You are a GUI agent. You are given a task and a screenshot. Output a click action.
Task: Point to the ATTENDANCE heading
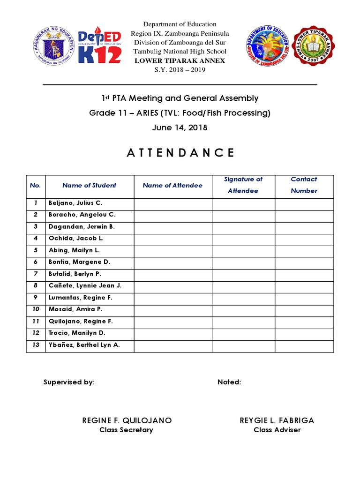[x=180, y=153]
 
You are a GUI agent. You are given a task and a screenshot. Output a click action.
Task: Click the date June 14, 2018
[x=180, y=127]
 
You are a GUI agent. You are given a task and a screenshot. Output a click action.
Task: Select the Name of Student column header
[x=89, y=185]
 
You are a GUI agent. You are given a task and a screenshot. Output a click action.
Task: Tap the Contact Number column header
[x=304, y=185]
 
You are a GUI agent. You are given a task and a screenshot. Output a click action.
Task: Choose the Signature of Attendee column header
[x=243, y=185]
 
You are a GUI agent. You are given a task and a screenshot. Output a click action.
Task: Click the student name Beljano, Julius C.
[x=75, y=203]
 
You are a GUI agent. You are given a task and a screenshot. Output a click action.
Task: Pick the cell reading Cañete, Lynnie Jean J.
[x=85, y=286]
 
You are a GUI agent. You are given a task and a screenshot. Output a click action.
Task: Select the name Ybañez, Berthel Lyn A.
[x=84, y=345]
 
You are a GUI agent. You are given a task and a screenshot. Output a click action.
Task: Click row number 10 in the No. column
[x=36, y=309]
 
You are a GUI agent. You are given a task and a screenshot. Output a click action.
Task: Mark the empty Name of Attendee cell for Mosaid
[x=172, y=309]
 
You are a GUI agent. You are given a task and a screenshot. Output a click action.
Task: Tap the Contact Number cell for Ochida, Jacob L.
[x=304, y=239]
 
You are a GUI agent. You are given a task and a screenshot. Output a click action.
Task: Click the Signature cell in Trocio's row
[x=243, y=333]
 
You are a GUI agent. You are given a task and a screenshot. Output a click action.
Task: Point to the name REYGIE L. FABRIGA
[x=277, y=420]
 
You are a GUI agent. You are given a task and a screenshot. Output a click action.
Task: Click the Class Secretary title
[x=126, y=430]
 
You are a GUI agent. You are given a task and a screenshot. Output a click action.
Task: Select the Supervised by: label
[x=69, y=382]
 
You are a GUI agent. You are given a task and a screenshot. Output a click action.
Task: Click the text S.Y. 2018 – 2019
[x=180, y=70]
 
